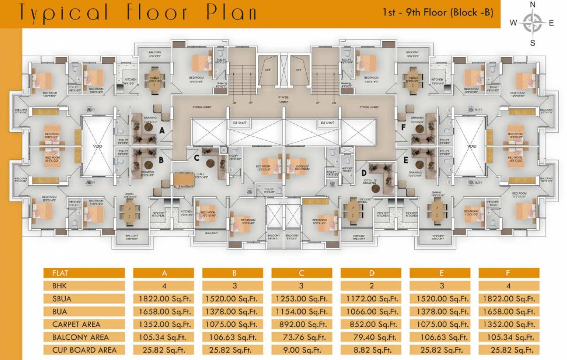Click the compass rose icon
pyautogui.click(x=532, y=22)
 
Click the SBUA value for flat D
pyautogui.click(x=370, y=298)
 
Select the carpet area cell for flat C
pyautogui.click(x=302, y=324)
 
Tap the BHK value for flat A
pyautogui.click(x=163, y=285)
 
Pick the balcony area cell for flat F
pyautogui.click(x=509, y=337)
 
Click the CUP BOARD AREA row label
pyautogui.click(x=84, y=350)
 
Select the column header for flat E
pyautogui.click(x=439, y=273)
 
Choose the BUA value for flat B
pyautogui.click(x=232, y=311)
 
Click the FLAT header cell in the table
pyautogui.click(x=84, y=273)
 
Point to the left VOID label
pyautogui.click(x=98, y=146)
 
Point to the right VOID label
pyautogui.click(x=471, y=146)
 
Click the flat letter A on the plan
pyautogui.click(x=161, y=131)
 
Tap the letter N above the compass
pyautogui.click(x=532, y=4)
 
